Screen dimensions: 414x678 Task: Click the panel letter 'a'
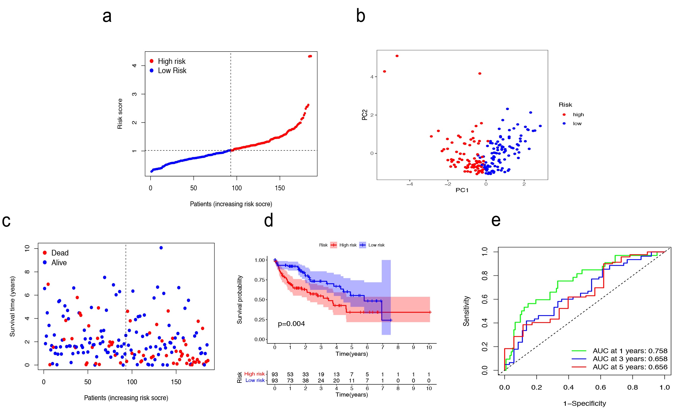pos(107,16)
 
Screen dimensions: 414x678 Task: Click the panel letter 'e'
pos(496,221)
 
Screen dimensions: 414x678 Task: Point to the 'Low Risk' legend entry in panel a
pos(172,71)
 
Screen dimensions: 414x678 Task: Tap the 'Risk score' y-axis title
pos(120,114)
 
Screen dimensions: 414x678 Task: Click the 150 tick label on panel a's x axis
pos(280,188)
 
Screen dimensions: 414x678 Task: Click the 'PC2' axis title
pos(365,115)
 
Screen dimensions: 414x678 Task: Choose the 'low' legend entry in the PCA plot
pos(577,124)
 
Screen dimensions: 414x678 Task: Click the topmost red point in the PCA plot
pos(397,56)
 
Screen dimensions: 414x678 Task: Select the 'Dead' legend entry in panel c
pos(60,253)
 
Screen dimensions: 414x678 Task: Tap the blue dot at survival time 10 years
pos(161,248)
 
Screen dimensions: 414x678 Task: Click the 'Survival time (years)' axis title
pos(12,306)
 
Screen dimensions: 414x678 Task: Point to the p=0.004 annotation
pos(291,324)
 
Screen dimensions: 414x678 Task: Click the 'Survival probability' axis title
pos(240,300)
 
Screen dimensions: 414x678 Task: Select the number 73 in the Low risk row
pos(290,380)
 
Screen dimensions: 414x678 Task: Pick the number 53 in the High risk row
pos(290,374)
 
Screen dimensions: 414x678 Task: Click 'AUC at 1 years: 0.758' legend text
pos(630,351)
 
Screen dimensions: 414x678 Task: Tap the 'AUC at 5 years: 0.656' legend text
pos(630,367)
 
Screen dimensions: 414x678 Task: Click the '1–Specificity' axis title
pos(584,403)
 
